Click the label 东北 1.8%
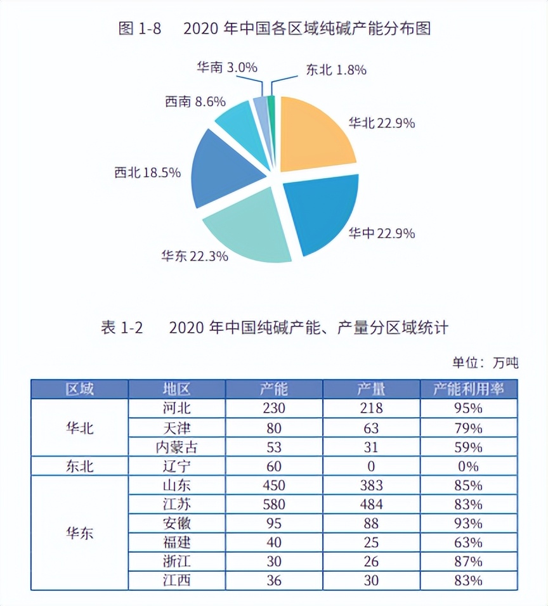[x=336, y=70]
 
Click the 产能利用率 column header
[x=469, y=389]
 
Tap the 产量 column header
[x=371, y=389]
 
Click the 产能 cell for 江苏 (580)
[x=274, y=505]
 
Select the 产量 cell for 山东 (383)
[x=371, y=486]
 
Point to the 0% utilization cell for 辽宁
[x=469, y=467]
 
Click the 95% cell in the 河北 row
[x=469, y=408]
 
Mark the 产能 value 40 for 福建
[x=274, y=543]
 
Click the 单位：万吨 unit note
[x=485, y=363]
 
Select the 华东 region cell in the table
[x=80, y=532]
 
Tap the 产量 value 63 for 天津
[x=371, y=428]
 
